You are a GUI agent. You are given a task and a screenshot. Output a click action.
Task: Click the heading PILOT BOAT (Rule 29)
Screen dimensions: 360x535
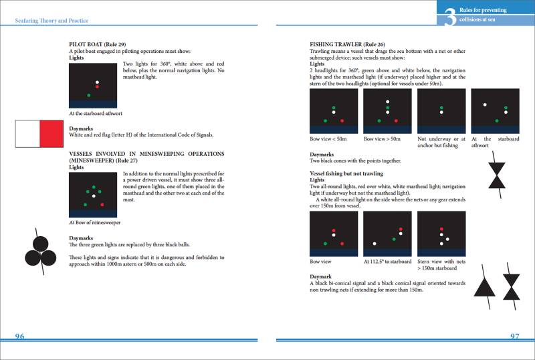pos(98,44)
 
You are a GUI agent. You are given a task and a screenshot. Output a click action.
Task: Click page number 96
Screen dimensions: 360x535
pos(21,336)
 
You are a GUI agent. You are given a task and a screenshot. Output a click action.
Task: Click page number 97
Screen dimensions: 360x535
pos(514,336)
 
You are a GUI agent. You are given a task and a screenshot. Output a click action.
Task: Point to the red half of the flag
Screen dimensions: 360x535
pos(52,134)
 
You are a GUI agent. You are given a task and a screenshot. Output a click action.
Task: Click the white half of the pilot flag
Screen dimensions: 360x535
pos(27,134)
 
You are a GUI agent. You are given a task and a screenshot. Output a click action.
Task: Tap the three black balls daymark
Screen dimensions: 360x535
pos(40,247)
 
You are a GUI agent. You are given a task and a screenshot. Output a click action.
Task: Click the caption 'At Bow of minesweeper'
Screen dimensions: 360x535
pos(94,222)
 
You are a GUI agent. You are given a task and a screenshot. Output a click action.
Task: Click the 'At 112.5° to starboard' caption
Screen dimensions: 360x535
pos(387,262)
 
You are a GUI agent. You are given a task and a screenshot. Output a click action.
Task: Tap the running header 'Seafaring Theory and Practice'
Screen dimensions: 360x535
pos(51,21)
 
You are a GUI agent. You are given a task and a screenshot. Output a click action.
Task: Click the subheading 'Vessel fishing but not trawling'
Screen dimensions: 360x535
pos(346,173)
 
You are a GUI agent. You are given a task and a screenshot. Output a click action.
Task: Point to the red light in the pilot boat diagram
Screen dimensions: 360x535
pos(97,87)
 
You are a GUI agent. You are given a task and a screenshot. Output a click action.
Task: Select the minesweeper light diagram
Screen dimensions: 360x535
pos(94,195)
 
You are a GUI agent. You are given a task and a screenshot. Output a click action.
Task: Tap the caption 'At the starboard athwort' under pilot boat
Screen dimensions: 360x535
pos(96,113)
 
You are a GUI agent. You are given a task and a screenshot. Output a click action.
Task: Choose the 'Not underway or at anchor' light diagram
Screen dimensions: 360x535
pos(441,111)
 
